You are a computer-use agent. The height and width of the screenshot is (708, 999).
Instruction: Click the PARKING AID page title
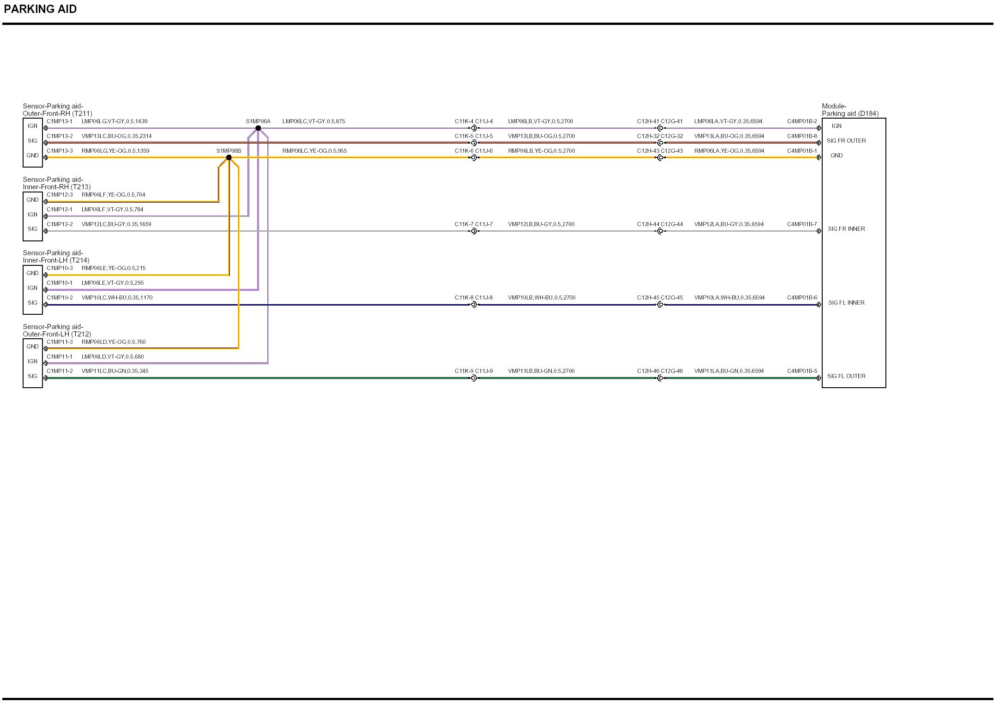tap(40, 9)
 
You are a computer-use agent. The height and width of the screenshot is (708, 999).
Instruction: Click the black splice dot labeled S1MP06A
tap(258, 128)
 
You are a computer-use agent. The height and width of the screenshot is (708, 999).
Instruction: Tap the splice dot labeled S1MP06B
tap(229, 158)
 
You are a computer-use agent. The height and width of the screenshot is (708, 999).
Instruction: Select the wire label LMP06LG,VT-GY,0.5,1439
tap(114, 121)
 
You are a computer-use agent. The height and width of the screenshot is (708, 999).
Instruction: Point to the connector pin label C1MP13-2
tap(60, 136)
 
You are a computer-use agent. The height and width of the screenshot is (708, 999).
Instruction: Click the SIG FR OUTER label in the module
tap(846, 141)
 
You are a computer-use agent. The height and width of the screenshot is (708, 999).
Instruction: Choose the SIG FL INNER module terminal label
tap(846, 303)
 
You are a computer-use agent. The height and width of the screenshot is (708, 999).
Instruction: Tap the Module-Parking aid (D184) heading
tap(850, 110)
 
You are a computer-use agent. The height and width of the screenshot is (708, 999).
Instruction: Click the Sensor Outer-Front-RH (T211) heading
tap(57, 110)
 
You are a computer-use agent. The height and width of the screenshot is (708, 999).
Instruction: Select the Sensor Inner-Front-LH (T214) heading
tap(56, 257)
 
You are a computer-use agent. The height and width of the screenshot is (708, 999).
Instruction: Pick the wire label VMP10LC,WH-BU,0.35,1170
tap(117, 298)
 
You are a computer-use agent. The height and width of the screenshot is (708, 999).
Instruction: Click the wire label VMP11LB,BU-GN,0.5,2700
tap(541, 371)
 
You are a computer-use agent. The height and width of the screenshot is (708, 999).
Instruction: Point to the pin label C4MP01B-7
tap(802, 224)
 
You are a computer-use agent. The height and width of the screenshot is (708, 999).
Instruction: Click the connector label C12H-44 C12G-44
tap(660, 224)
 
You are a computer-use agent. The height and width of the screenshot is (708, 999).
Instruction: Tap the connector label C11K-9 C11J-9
tap(474, 371)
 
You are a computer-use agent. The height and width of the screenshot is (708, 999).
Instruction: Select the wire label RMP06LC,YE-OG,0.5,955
tap(314, 151)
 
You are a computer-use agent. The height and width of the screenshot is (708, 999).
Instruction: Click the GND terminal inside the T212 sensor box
tap(32, 347)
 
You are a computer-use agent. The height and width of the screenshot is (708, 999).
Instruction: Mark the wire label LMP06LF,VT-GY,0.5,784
tap(112, 210)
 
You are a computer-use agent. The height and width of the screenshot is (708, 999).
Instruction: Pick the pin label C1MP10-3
tap(60, 268)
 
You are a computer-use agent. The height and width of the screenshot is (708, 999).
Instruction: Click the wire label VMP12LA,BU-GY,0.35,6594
tap(729, 224)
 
